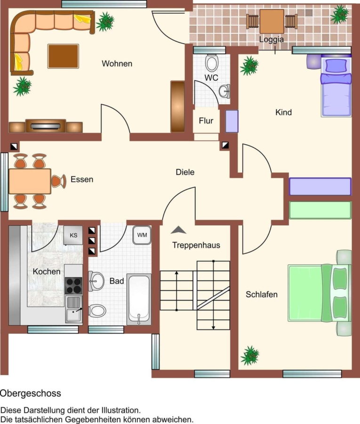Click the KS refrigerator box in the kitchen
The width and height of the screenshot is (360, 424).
tap(73, 235)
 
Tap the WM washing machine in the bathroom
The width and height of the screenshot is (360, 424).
tap(142, 235)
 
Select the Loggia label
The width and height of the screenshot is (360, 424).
tap(272, 40)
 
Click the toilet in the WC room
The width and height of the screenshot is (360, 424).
tap(211, 63)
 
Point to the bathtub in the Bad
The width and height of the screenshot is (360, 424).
tap(139, 299)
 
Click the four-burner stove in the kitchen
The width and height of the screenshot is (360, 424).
tap(73, 285)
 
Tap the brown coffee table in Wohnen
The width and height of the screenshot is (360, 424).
tap(63, 56)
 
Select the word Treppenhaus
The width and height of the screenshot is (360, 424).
tap(196, 245)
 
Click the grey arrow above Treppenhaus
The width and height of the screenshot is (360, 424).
tap(178, 230)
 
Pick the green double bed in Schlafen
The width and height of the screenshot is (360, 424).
tap(320, 293)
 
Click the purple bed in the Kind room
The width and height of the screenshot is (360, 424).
tap(336, 86)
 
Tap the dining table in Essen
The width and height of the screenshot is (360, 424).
tap(30, 181)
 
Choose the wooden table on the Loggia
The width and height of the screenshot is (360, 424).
tap(272, 21)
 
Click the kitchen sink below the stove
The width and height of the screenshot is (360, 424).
tap(73, 309)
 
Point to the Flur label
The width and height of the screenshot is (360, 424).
tap(206, 121)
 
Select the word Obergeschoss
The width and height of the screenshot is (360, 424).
tap(31, 393)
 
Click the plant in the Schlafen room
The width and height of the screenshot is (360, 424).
tap(250, 356)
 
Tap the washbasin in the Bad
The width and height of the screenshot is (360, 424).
tap(96, 281)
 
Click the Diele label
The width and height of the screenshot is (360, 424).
tap(185, 172)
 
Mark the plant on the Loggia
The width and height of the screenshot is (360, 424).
tap(340, 14)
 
